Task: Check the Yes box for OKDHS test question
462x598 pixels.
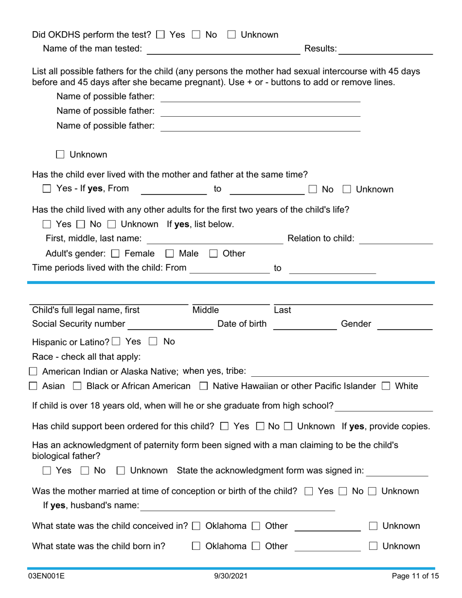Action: click(x=160, y=35)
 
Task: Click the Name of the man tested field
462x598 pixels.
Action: click(x=223, y=49)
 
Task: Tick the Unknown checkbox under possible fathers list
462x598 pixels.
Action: click(x=60, y=155)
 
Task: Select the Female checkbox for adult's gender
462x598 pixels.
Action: click(x=115, y=254)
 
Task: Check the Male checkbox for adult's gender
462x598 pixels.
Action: click(x=170, y=254)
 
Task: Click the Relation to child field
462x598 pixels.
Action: click(x=395, y=239)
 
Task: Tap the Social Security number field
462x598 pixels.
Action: click(x=170, y=324)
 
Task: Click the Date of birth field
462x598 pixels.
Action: click(x=305, y=324)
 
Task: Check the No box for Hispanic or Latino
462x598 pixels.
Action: click(x=153, y=342)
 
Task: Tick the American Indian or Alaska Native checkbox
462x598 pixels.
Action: click(x=33, y=372)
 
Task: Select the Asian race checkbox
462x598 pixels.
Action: click(x=33, y=387)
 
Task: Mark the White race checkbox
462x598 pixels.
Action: click(x=386, y=387)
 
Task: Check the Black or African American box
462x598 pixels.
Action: click(x=77, y=387)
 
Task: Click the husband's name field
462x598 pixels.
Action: click(x=237, y=506)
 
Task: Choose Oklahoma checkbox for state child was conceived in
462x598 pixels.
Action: click(x=196, y=526)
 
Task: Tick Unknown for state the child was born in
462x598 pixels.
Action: click(x=373, y=546)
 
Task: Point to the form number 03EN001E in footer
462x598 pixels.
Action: click(x=46, y=576)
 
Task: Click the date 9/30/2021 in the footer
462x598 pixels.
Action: click(x=231, y=576)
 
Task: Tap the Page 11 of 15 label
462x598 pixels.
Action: click(x=415, y=576)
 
